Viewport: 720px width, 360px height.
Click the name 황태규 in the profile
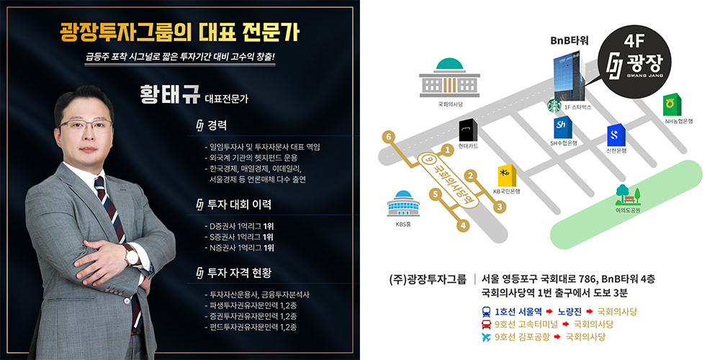(x=170, y=95)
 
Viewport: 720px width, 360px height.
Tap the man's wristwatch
(x=131, y=255)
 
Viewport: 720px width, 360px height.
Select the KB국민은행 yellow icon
(x=506, y=175)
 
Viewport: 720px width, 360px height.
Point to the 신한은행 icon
(x=615, y=135)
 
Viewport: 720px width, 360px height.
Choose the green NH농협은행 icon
(x=673, y=104)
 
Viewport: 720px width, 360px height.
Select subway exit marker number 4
(x=464, y=226)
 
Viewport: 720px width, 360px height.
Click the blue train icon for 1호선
(x=486, y=312)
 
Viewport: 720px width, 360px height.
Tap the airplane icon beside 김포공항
(x=486, y=336)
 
